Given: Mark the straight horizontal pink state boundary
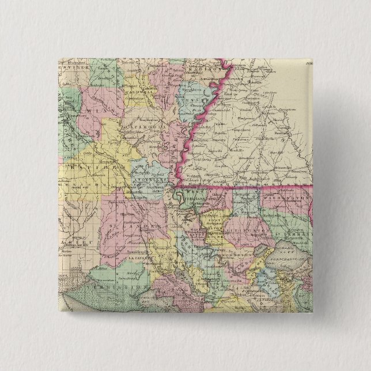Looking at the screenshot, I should (x=248, y=187).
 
